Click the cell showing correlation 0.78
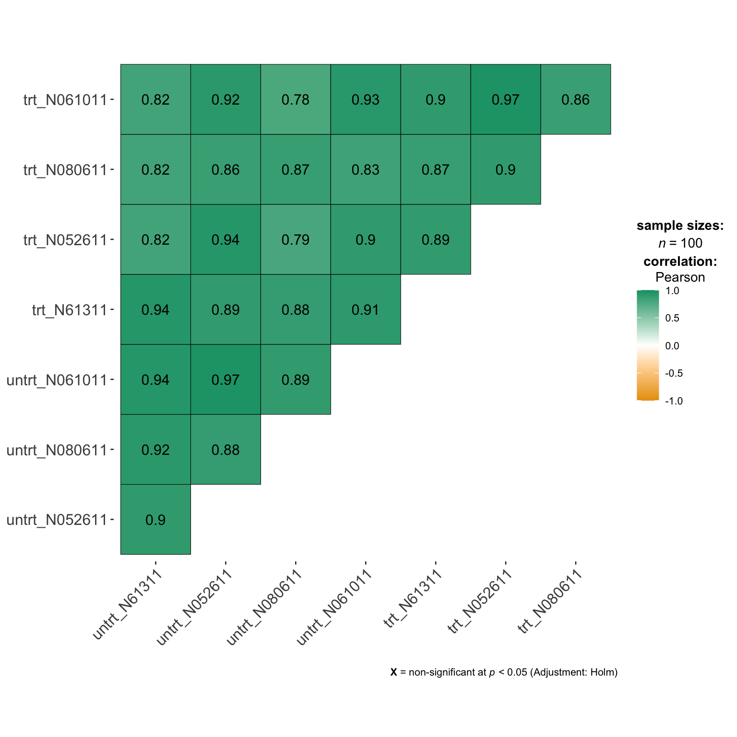point(296,99)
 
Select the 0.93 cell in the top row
point(366,99)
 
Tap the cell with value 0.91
point(366,309)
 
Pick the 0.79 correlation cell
point(296,239)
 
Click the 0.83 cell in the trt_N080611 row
point(366,169)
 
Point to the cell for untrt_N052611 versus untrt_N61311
point(155,520)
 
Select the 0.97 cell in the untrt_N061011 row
point(226,380)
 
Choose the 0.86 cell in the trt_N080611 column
point(576,99)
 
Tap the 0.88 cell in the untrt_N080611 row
point(226,450)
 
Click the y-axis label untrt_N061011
point(57,380)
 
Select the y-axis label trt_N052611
point(65,239)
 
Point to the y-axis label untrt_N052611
point(57,520)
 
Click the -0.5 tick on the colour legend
point(674,373)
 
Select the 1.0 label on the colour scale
point(672,291)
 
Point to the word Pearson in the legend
point(680,277)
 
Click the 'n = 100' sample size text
point(680,243)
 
